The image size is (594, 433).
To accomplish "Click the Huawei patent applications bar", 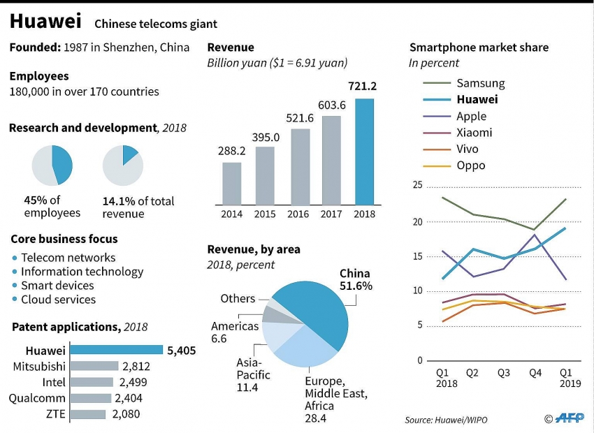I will click(x=116, y=350).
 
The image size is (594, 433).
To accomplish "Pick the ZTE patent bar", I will click(x=88, y=414).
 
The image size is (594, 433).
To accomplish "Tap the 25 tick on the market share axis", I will click(x=418, y=185).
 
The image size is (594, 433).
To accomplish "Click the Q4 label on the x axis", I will click(x=535, y=373).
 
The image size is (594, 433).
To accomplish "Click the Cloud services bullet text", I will click(x=58, y=300).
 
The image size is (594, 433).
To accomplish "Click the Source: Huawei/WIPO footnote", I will click(x=446, y=420).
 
